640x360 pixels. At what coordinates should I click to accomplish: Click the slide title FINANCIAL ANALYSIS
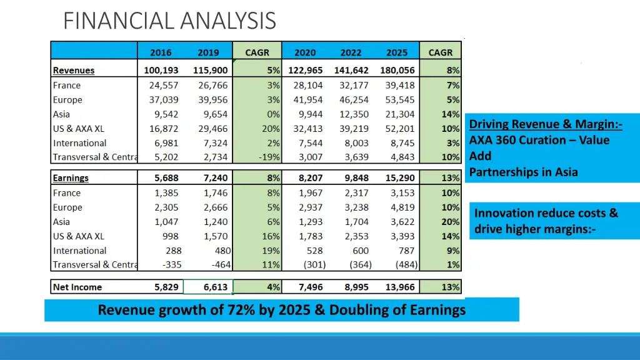click(169, 21)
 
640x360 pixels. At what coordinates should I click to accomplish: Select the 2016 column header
click(161, 52)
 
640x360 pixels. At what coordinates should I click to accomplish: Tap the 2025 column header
click(396, 52)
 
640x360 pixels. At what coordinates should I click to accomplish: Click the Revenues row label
click(74, 71)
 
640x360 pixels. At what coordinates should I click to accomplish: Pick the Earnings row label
click(71, 178)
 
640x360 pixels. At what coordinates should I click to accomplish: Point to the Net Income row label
click(77, 287)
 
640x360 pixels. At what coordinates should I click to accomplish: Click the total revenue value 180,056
click(397, 71)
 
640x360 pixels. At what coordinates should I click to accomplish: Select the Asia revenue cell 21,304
click(399, 114)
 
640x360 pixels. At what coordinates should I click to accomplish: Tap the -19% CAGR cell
click(269, 157)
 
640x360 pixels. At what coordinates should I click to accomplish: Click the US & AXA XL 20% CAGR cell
click(271, 129)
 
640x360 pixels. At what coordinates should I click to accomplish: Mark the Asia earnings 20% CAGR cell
click(451, 222)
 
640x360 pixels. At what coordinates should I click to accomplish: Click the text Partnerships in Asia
click(524, 172)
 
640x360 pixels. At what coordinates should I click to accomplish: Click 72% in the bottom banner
click(238, 310)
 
